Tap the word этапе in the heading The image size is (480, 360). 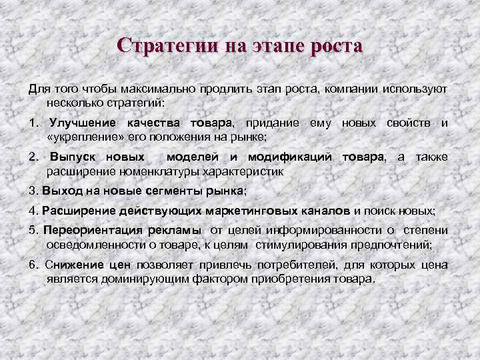tap(277, 46)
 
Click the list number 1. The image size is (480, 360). tap(33, 123)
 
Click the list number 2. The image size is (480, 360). tap(33, 157)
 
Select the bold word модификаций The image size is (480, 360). tap(290, 157)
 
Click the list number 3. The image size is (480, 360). tap(33, 191)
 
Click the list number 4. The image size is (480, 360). tap(33, 211)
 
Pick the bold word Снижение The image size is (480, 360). tap(70, 265)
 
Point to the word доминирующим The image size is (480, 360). tap(140, 279)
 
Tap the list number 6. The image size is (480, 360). tap(33, 265)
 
